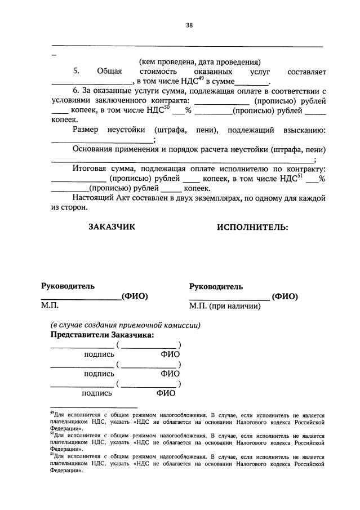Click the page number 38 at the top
tap(189, 25)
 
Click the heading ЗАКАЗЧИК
tap(112, 227)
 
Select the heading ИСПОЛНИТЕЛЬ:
tap(252, 227)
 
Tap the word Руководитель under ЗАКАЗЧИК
tap(68, 286)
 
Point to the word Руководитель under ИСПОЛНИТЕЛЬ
tap(216, 286)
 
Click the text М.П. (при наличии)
tap(225, 307)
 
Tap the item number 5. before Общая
tap(76, 72)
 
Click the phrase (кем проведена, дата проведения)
tap(200, 62)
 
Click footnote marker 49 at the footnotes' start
tap(51, 413)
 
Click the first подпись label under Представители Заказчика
tap(99, 354)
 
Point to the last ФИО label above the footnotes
tap(166, 393)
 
